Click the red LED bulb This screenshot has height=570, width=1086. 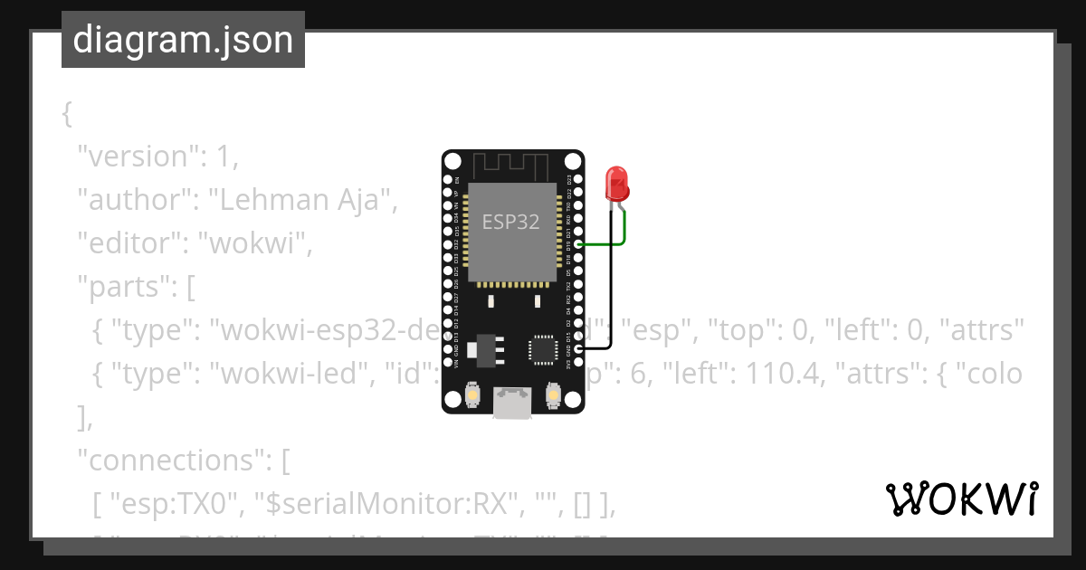point(616,184)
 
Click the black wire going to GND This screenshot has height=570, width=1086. point(611,299)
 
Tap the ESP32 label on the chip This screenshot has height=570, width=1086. point(510,222)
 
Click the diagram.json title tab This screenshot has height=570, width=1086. point(183,40)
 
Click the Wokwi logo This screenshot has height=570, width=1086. point(961,499)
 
